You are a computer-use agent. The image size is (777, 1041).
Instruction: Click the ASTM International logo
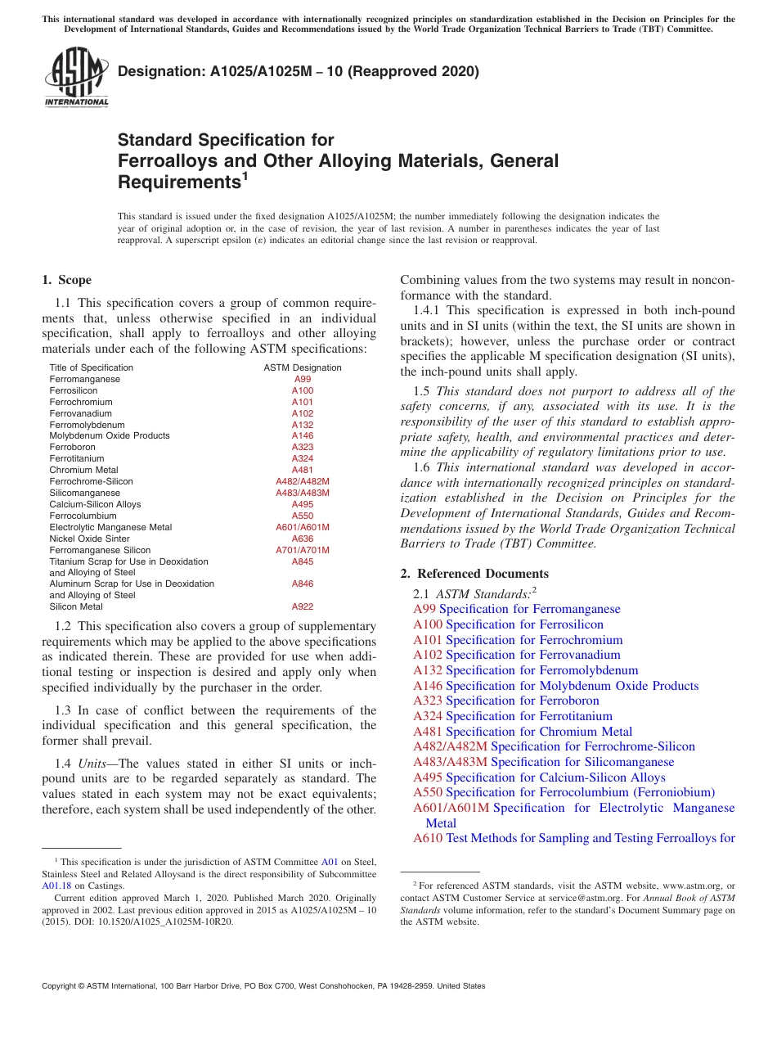pos(76,79)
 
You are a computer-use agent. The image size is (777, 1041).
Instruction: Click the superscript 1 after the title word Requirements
pos(245,175)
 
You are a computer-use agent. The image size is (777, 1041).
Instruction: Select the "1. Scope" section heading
pos(66,280)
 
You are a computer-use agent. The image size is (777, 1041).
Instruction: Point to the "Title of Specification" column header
pos(91,367)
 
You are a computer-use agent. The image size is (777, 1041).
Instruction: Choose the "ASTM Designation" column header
pos(302,367)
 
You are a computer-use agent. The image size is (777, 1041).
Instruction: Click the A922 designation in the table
pos(302,606)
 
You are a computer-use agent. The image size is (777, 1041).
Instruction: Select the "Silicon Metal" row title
pos(76,606)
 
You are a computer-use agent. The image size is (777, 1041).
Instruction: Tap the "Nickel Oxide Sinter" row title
pos(88,539)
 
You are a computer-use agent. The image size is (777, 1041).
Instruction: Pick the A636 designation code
pos(302,539)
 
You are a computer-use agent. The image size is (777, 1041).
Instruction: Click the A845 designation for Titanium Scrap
pos(302,561)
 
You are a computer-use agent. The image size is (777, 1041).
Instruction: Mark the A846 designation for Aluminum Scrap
pos(302,584)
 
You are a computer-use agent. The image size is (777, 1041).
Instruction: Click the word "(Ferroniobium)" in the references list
pos(674,792)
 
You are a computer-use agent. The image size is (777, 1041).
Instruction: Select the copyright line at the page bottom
pos(263,986)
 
